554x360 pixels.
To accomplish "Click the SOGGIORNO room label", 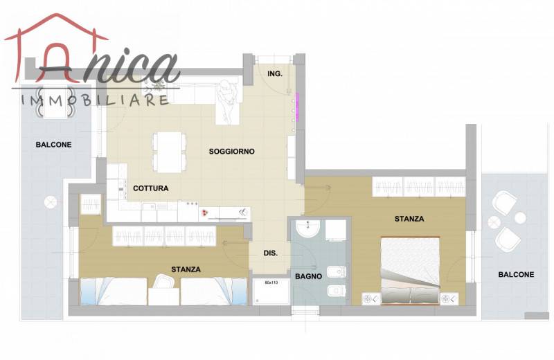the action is (x=231, y=152).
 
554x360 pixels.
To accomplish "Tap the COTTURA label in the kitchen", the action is (x=150, y=188).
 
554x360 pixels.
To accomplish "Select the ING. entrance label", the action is (x=275, y=74).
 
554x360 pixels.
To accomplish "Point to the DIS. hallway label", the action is (x=270, y=253).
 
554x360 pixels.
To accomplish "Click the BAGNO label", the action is (x=308, y=277).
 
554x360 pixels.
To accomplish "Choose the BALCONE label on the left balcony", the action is (x=54, y=145).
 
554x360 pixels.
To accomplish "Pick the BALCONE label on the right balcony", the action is (x=516, y=275).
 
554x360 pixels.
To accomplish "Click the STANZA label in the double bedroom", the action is (x=409, y=219).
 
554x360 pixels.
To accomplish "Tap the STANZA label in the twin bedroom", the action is (x=186, y=269).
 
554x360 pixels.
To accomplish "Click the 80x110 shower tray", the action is (x=271, y=291).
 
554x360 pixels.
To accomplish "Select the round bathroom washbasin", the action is (x=307, y=228).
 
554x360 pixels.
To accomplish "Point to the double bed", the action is (x=410, y=270).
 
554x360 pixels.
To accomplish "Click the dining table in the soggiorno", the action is (x=169, y=152).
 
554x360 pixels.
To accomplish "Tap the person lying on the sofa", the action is (x=226, y=101).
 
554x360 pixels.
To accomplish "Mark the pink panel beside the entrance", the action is (x=297, y=107).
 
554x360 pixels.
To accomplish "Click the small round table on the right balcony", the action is (x=520, y=218).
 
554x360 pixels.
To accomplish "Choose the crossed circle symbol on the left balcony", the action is (x=51, y=202).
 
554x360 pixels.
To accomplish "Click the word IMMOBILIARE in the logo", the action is (x=95, y=100).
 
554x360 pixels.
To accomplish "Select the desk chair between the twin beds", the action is (x=163, y=281).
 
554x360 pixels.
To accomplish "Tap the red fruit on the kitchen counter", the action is (x=204, y=213).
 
